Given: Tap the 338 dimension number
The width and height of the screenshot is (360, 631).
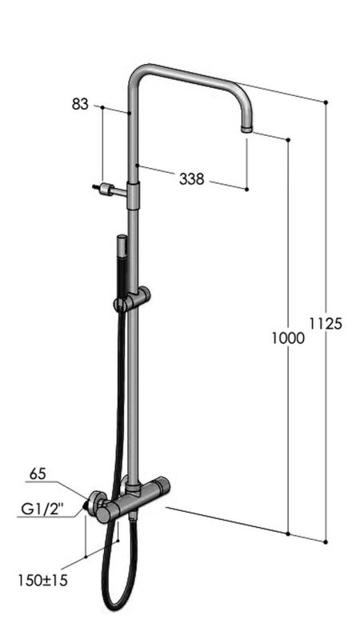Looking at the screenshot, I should point(190,179).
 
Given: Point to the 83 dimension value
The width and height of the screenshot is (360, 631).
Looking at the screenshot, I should point(80,104).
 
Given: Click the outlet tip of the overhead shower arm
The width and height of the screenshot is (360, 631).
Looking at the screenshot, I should point(247,128).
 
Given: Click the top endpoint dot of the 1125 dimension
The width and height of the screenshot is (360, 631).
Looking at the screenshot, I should point(326,102).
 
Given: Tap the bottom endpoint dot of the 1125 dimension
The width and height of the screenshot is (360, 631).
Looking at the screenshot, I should point(326,542).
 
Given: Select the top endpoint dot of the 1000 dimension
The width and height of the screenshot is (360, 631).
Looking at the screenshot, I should point(288,139).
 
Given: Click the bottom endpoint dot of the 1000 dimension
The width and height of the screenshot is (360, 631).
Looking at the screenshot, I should point(288,533).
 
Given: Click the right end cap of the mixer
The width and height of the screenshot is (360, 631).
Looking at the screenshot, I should point(163,485).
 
